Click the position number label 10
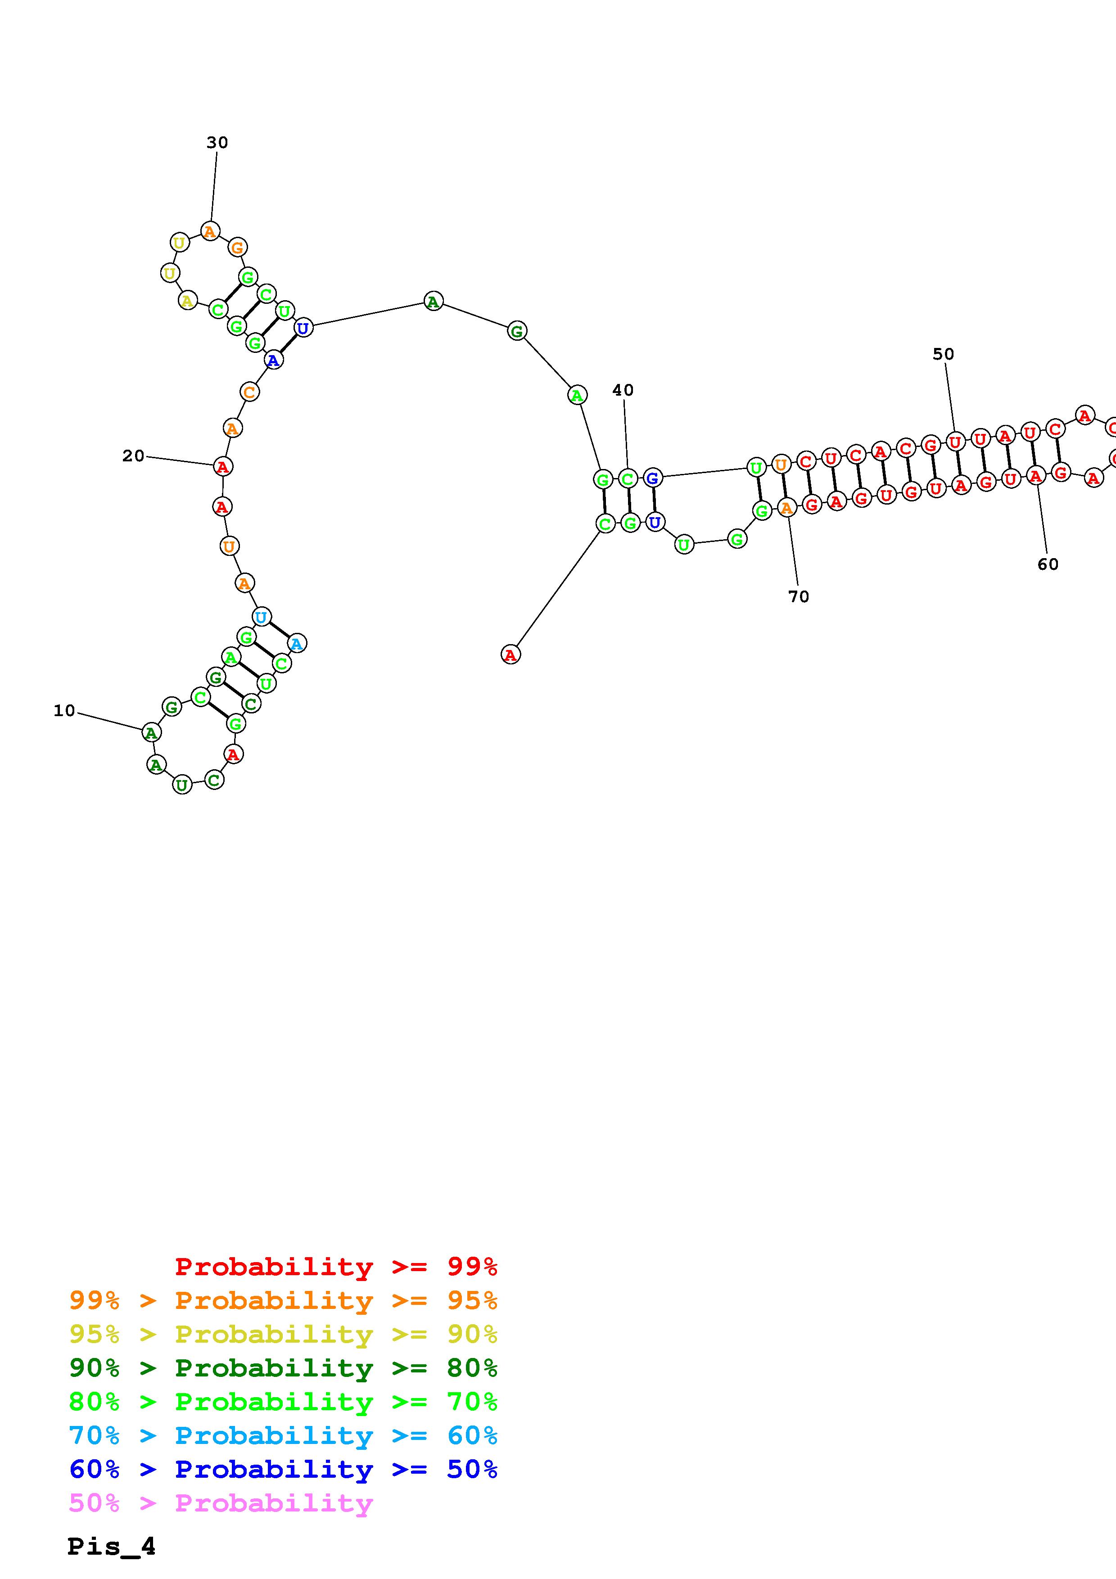(x=64, y=710)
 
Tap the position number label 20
(x=133, y=456)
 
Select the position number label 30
(x=217, y=142)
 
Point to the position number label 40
(x=623, y=390)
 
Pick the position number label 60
(x=1048, y=564)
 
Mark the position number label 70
(x=799, y=596)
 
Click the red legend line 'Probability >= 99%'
(x=336, y=1266)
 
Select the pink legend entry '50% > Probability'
(x=221, y=1503)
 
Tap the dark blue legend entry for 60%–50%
(x=283, y=1469)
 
